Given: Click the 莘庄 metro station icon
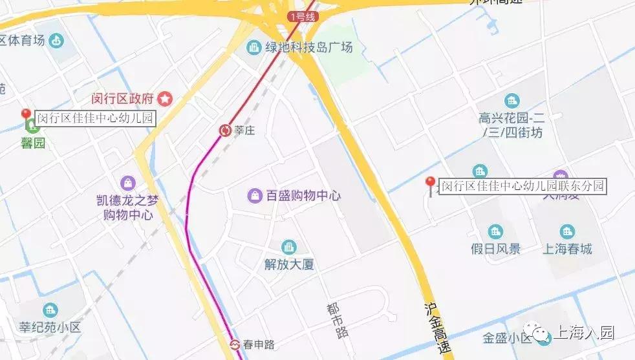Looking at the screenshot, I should (225, 131).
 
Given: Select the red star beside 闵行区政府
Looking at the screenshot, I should (166, 99).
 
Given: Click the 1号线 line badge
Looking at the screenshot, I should (302, 17).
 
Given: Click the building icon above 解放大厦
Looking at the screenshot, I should (289, 247).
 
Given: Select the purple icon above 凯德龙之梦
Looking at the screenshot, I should (128, 184).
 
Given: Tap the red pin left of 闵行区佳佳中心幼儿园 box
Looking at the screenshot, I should (27, 116).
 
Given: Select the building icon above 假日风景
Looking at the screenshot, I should (495, 231).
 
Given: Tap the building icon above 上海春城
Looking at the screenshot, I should (568, 231).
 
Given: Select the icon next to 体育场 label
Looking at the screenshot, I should (57, 41).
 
